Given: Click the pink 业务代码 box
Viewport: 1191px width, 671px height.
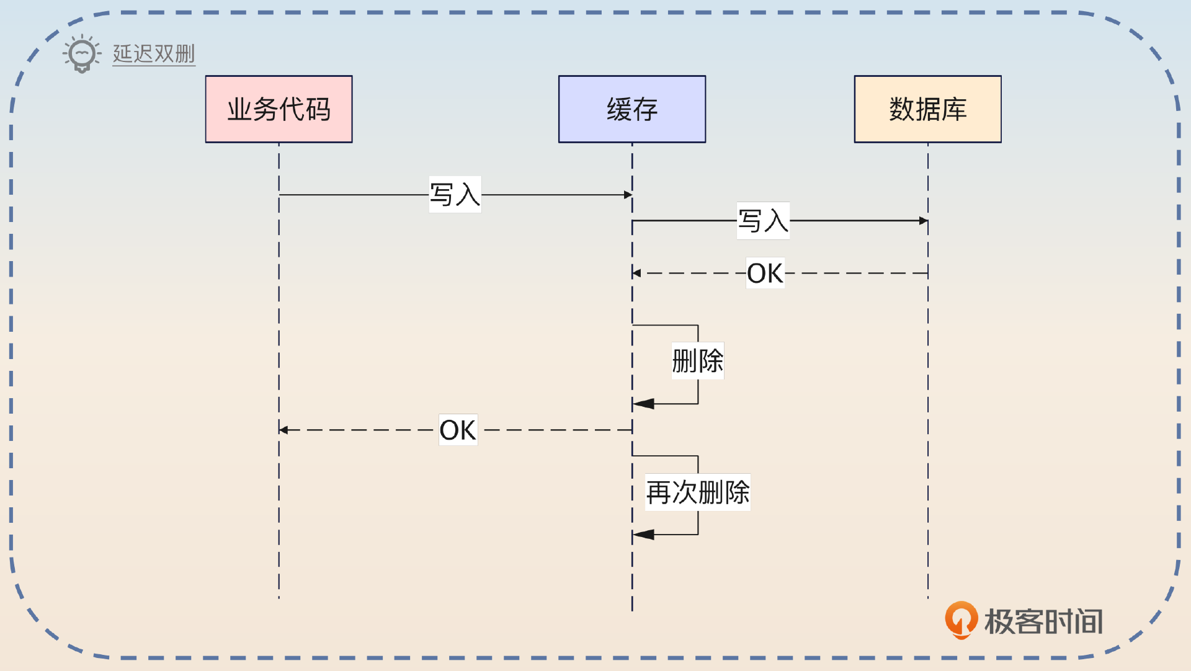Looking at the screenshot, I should click(279, 109).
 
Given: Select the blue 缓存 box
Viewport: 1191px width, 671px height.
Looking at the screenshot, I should click(631, 109).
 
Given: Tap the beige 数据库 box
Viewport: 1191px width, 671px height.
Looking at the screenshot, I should click(927, 109).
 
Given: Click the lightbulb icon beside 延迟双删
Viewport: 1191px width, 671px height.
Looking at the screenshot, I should click(82, 54).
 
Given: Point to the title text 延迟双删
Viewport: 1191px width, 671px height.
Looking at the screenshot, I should click(154, 54).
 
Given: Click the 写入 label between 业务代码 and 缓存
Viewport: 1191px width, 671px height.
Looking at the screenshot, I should click(455, 195).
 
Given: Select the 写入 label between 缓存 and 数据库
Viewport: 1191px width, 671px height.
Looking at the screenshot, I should click(763, 221).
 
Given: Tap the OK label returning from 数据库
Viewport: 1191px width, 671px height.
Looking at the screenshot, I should click(765, 273).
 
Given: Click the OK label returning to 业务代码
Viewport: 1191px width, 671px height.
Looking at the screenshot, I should click(458, 430).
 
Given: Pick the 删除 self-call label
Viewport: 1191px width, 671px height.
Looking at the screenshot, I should click(697, 361).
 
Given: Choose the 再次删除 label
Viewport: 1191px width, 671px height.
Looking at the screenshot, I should click(697, 492).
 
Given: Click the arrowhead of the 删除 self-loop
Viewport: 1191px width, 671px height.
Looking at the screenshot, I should click(643, 404).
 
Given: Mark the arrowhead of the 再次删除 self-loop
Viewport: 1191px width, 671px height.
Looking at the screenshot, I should click(643, 535).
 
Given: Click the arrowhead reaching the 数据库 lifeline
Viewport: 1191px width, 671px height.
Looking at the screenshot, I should click(923, 221).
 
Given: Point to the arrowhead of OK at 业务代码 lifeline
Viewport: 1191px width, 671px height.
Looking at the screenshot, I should click(283, 430).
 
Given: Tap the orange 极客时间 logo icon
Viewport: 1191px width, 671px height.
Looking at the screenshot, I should click(961, 620).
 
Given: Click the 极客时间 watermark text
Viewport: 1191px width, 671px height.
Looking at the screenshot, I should click(1043, 621).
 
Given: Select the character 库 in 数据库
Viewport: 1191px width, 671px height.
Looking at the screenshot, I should click(954, 109).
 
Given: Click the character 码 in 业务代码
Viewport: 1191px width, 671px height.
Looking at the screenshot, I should click(318, 109).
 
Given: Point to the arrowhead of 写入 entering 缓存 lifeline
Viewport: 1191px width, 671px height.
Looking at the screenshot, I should click(628, 195).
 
